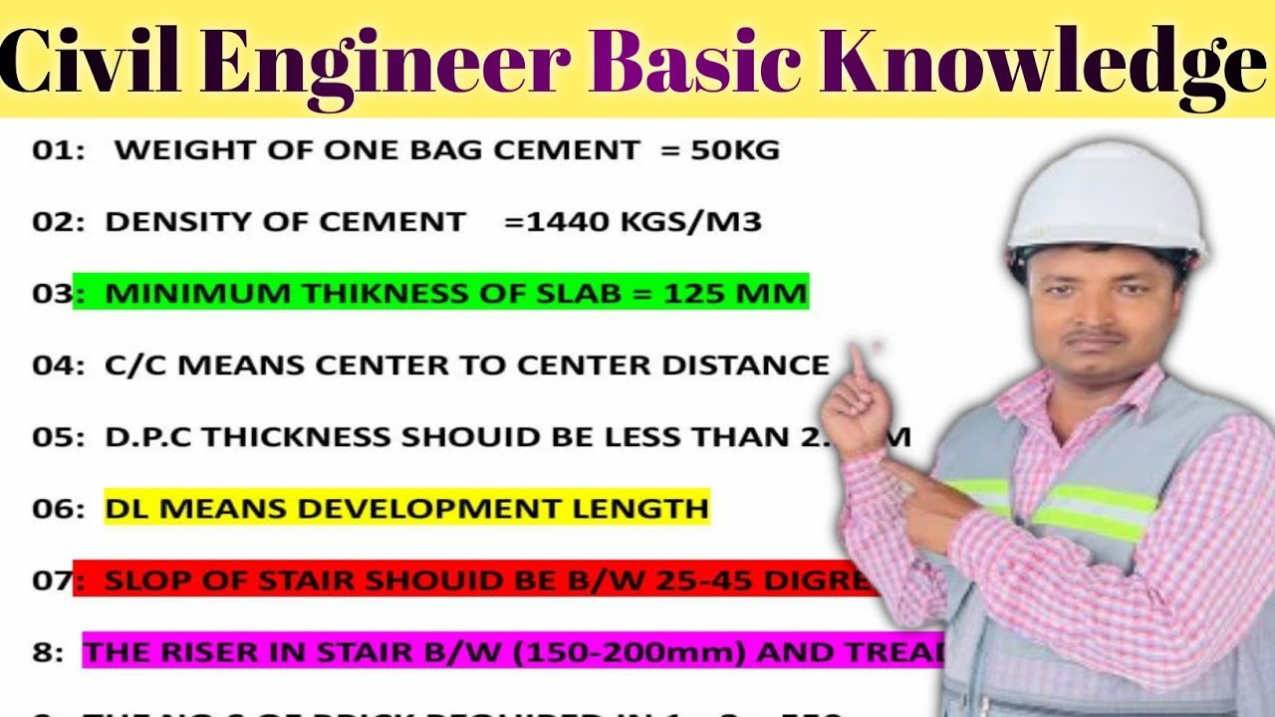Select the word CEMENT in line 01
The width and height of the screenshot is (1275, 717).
tap(567, 150)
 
